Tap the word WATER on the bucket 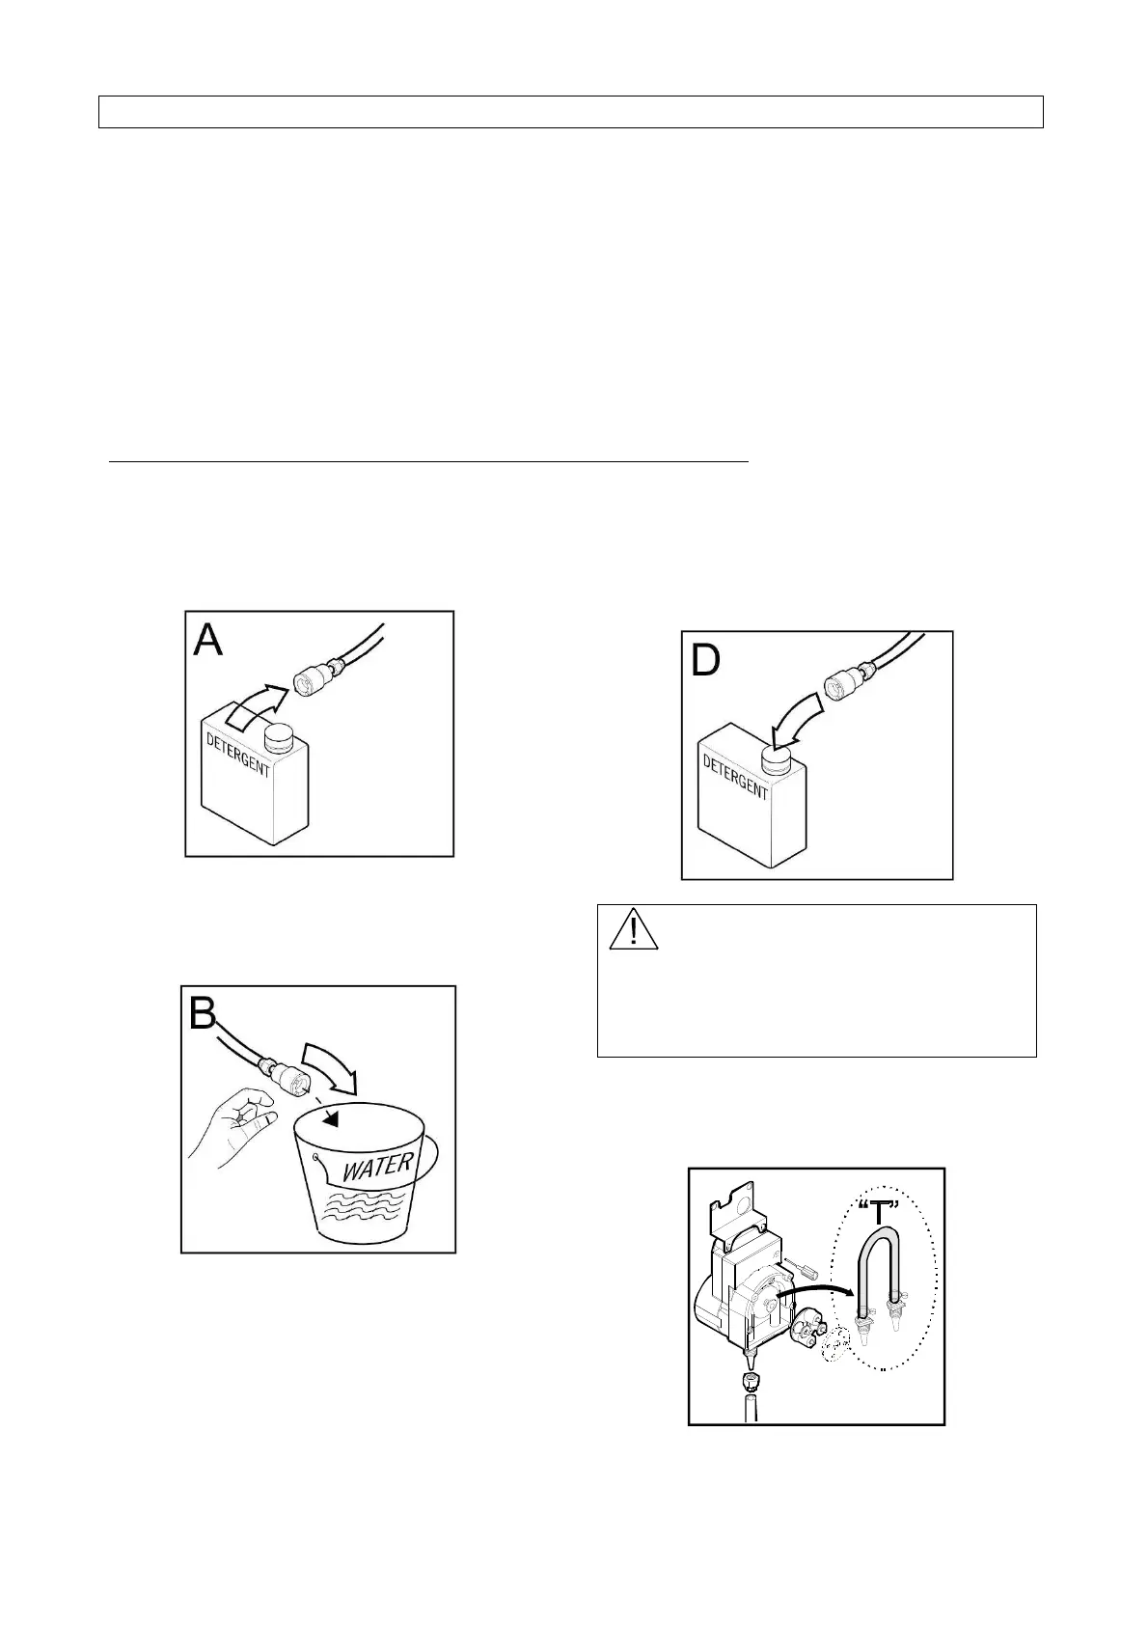click(378, 1167)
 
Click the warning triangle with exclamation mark click(633, 929)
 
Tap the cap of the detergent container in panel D click(778, 761)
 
